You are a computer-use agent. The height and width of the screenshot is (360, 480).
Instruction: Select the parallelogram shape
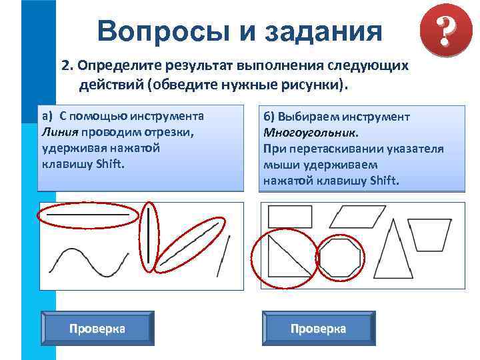(x=358, y=215)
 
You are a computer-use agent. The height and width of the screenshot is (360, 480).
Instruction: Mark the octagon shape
(x=339, y=258)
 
